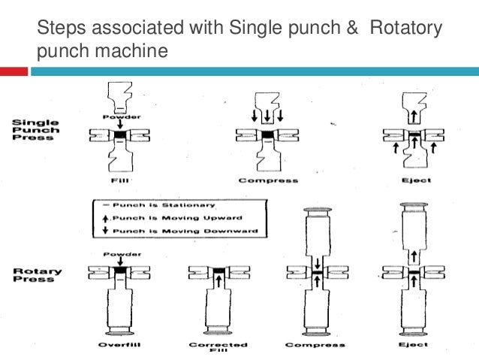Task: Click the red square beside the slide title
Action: [14, 71]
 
